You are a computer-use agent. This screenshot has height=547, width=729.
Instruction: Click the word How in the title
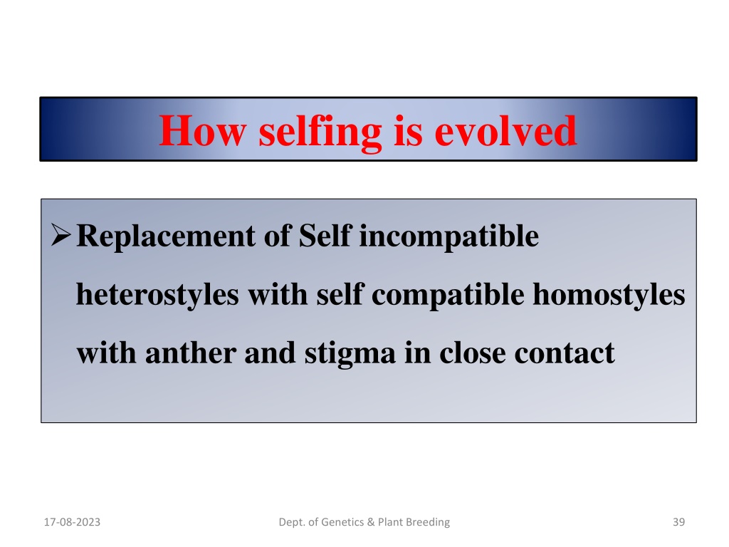pyautogui.click(x=202, y=131)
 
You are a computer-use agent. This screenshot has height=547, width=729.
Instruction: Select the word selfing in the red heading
pyautogui.click(x=320, y=133)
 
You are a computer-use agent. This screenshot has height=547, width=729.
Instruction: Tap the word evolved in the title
pyautogui.click(x=506, y=131)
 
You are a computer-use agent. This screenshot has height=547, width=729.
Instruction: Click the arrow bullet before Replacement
pyautogui.click(x=61, y=234)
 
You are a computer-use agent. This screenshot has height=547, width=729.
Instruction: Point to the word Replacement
pyautogui.click(x=166, y=237)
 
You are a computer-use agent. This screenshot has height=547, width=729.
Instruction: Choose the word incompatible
pyautogui.click(x=449, y=237)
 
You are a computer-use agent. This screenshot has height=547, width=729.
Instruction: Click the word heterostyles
pyautogui.click(x=157, y=296)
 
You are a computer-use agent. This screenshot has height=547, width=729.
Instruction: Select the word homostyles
pyautogui.click(x=609, y=296)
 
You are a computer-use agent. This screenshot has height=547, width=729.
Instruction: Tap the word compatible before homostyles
pyautogui.click(x=449, y=296)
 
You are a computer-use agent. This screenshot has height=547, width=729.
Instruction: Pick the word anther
pyautogui.click(x=191, y=353)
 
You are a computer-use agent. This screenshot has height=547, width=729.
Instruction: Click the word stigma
pyautogui.click(x=350, y=355)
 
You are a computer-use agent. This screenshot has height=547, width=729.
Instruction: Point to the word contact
pyautogui.click(x=565, y=354)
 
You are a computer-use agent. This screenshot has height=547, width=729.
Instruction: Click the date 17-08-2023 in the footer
pyautogui.click(x=72, y=522)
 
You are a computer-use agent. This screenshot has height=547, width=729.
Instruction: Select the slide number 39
pyautogui.click(x=678, y=522)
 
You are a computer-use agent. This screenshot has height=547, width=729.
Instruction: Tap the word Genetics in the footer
pyautogui.click(x=342, y=522)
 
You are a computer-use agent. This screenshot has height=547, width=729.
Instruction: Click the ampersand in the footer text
pyautogui.click(x=370, y=522)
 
